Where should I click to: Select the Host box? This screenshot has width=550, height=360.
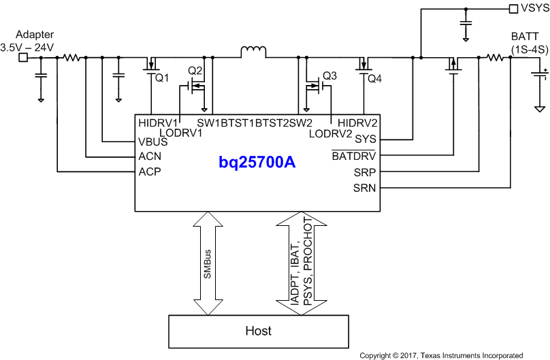pyautogui.click(x=258, y=331)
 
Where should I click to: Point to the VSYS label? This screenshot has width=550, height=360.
pyautogui.click(x=533, y=9)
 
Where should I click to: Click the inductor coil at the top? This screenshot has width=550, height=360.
pyautogui.click(x=252, y=52)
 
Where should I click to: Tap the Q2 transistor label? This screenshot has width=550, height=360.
pyautogui.click(x=195, y=71)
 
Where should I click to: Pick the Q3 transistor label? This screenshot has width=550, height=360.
pyautogui.click(x=329, y=76)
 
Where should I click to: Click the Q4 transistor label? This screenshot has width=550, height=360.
pyautogui.click(x=374, y=78)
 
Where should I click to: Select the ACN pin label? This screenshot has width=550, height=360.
pyautogui.click(x=150, y=157)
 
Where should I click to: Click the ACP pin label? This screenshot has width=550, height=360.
pyautogui.click(x=150, y=171)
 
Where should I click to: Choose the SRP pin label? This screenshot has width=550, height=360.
pyautogui.click(x=362, y=171)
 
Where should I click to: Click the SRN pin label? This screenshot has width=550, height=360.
pyautogui.click(x=362, y=187)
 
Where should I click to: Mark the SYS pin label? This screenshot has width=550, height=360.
pyautogui.click(x=364, y=139)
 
